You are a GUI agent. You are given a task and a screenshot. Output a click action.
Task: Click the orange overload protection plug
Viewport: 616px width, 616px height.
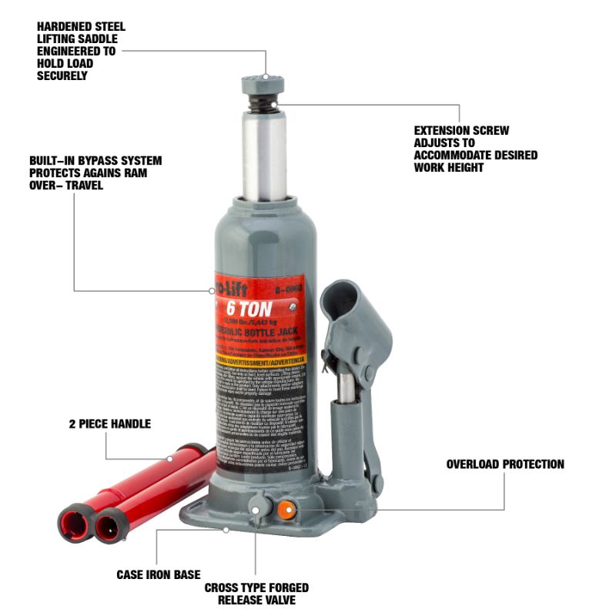point(286,507)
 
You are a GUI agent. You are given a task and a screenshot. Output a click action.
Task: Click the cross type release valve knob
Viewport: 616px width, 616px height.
point(257,506)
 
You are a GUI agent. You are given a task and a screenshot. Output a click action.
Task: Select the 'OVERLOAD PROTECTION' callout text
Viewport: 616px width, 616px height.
point(505,464)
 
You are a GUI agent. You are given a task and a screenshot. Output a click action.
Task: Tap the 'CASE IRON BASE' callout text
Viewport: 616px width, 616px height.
point(158,574)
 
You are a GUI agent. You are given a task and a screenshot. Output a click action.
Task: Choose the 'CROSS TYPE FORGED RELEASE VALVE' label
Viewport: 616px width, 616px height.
point(256,594)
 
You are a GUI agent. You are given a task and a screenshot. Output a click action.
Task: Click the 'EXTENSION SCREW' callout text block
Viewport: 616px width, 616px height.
point(475,149)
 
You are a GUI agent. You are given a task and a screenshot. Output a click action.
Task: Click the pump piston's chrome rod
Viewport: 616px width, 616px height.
point(348,389)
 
